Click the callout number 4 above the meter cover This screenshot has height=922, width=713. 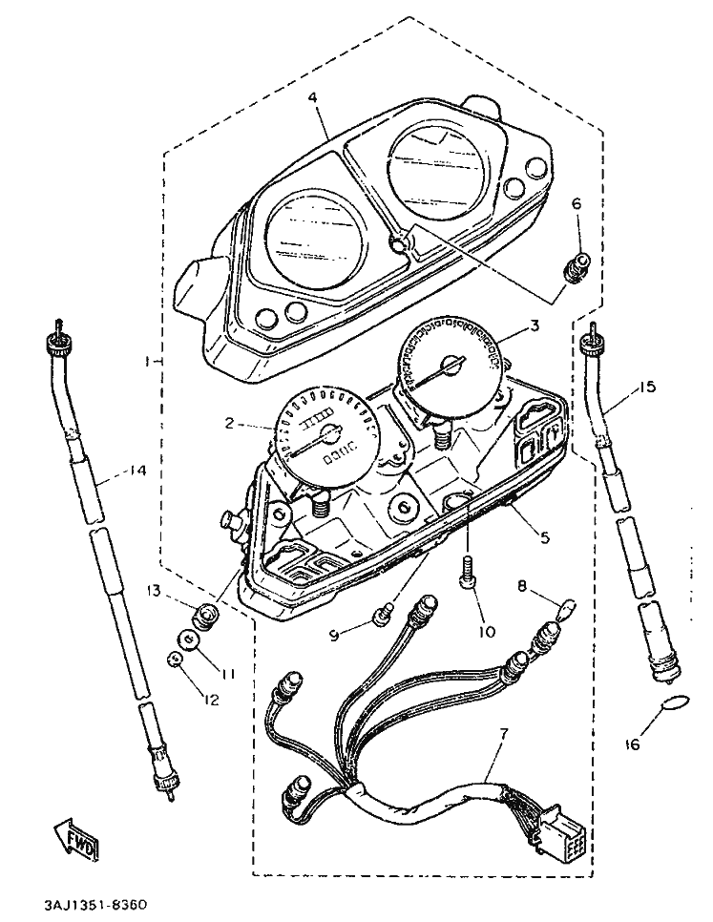(312, 96)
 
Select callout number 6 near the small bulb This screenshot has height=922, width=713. (576, 203)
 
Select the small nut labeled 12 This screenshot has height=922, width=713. (174, 659)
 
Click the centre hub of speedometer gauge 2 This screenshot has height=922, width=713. (331, 434)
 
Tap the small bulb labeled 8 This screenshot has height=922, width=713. (566, 604)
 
